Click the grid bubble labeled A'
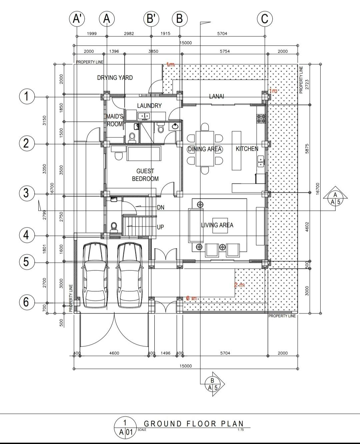click(77, 19)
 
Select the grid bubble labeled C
click(265, 19)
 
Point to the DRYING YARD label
click(115, 78)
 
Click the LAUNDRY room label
click(149, 106)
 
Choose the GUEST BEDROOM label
click(145, 175)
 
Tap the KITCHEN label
click(247, 149)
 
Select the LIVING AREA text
click(217, 225)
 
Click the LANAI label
click(217, 96)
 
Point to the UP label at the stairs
click(160, 227)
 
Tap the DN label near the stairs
click(161, 207)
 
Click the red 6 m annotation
click(191, 298)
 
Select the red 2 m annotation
click(239, 285)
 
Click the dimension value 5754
click(225, 51)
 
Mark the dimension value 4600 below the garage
click(114, 353)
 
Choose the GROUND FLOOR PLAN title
click(194, 424)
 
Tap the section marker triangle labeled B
click(214, 384)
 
